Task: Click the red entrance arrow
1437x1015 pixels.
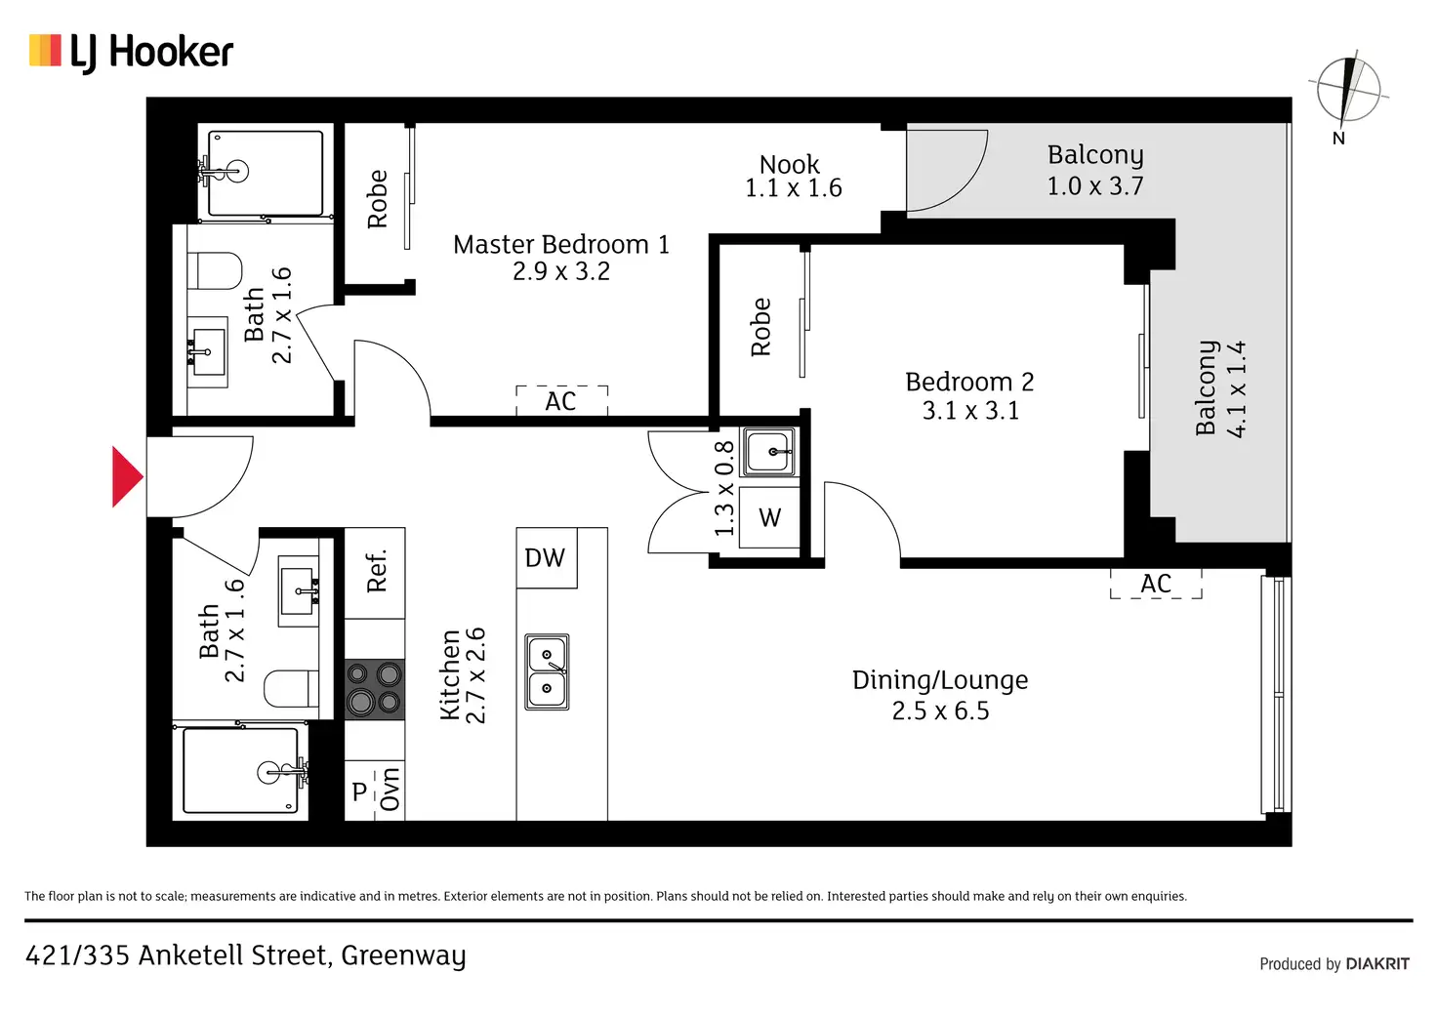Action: click(126, 476)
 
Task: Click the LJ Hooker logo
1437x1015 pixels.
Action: click(131, 53)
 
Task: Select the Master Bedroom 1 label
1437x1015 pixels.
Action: click(561, 258)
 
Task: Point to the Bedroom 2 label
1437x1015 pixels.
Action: click(970, 395)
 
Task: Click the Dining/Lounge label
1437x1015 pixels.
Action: click(940, 695)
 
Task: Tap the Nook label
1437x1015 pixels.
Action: click(793, 177)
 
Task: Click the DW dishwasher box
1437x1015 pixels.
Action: click(547, 558)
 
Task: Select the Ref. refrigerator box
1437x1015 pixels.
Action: click(375, 573)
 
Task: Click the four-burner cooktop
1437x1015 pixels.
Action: click(375, 689)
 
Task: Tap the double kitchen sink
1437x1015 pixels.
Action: click(547, 672)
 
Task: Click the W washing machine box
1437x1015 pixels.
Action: click(769, 517)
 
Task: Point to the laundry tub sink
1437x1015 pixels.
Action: click(768, 452)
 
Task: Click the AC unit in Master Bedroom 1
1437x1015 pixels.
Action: click(562, 401)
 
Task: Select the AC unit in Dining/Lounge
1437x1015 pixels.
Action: click(1156, 584)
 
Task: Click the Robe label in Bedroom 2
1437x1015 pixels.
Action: click(760, 326)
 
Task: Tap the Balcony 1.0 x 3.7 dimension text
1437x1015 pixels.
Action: click(1095, 186)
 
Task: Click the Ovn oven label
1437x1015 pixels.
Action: click(390, 790)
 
